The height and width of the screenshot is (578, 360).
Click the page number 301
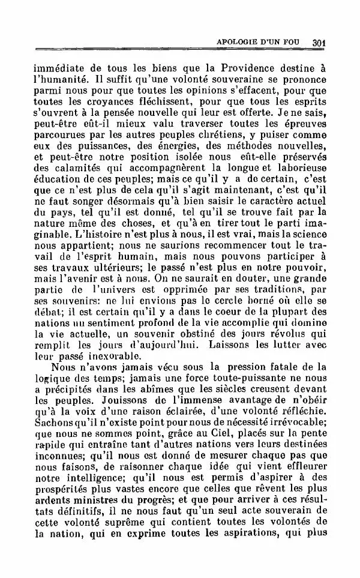pos(318,42)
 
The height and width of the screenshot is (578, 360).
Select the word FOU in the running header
pos(298,42)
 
